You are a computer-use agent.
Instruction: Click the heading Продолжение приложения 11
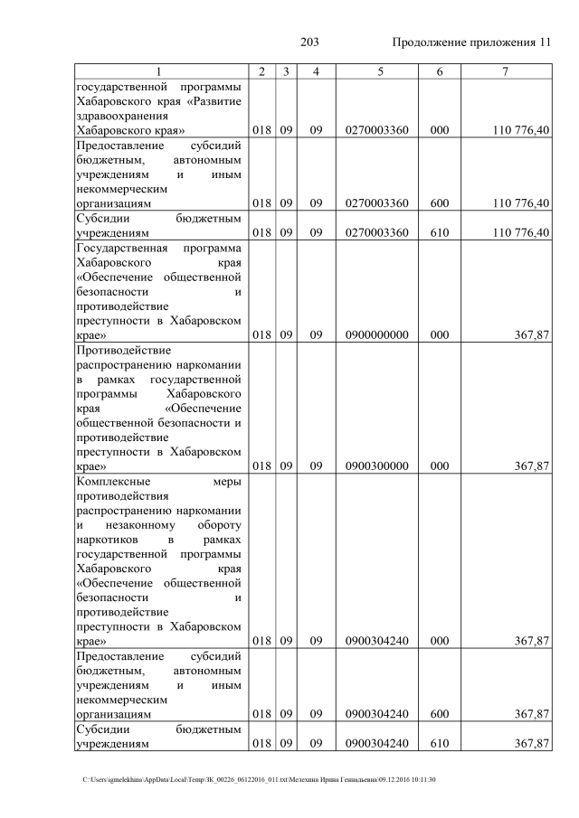click(470, 42)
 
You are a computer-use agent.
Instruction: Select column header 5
click(376, 72)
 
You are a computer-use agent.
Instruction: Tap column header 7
click(508, 72)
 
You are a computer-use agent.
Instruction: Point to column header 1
click(159, 72)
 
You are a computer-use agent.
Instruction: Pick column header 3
click(285, 72)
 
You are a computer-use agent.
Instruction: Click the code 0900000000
click(376, 335)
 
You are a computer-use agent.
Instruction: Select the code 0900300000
click(376, 466)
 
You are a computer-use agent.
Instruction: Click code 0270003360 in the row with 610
click(376, 232)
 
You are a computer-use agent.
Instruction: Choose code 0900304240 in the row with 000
click(376, 641)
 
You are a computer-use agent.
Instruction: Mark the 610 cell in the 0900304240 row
click(439, 743)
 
